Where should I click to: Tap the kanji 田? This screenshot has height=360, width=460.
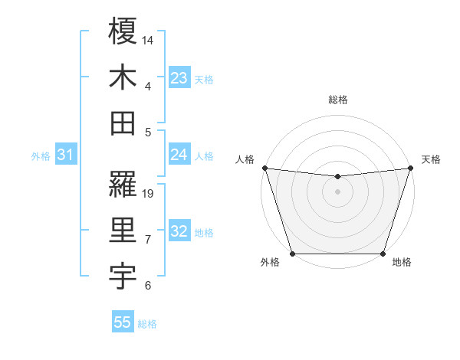(x=123, y=123)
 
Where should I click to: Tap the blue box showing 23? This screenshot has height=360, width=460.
(x=179, y=78)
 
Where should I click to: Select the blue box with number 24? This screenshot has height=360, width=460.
(x=179, y=155)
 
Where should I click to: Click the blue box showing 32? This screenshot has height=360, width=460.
(x=179, y=232)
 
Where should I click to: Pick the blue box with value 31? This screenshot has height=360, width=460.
(x=65, y=155)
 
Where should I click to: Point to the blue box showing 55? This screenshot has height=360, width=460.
(x=123, y=322)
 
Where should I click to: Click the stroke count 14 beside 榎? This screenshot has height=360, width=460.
(x=149, y=39)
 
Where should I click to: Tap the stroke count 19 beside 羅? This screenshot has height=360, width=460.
(x=149, y=193)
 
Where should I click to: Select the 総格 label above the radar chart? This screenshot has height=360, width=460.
(x=337, y=100)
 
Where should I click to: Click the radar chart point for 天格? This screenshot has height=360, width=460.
(x=410, y=168)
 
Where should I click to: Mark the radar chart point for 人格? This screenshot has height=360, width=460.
(x=264, y=168)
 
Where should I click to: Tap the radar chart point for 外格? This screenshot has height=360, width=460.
(x=292, y=254)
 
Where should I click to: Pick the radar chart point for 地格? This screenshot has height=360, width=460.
(x=383, y=254)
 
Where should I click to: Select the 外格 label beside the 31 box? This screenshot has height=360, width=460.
(x=41, y=156)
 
